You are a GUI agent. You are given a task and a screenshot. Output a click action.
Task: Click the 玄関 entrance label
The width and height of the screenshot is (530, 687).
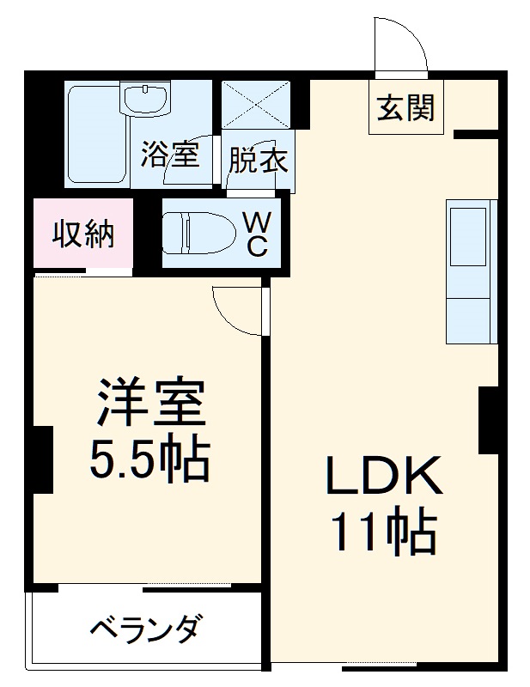pyautogui.click(x=405, y=107)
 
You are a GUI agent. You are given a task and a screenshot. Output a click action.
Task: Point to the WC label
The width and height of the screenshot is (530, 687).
pyautogui.click(x=258, y=234)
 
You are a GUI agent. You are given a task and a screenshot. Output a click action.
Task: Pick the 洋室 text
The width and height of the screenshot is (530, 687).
pyautogui.click(x=152, y=401)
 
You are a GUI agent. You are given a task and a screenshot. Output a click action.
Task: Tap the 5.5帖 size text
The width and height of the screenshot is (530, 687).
pyautogui.click(x=150, y=460)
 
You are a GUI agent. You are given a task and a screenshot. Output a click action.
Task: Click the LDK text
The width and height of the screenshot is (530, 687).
pyautogui.click(x=384, y=475)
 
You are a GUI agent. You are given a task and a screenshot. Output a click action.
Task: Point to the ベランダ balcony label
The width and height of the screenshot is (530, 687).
pyautogui.click(x=147, y=629)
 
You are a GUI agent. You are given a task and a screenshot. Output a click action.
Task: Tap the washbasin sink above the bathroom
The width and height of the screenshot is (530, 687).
pyautogui.click(x=145, y=99)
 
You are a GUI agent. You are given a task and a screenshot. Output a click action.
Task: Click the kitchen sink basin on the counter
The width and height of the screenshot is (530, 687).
pyautogui.click(x=468, y=237)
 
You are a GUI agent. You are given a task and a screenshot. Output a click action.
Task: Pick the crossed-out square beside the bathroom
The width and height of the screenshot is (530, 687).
pyautogui.click(x=256, y=105)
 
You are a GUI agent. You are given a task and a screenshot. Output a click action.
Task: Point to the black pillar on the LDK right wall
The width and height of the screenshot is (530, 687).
pyautogui.click(x=489, y=420)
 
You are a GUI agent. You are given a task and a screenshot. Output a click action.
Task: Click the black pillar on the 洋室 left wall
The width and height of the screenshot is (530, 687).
pyautogui.click(x=44, y=459)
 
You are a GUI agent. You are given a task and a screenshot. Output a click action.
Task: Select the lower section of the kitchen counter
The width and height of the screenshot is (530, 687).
pyautogui.click(x=468, y=320)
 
